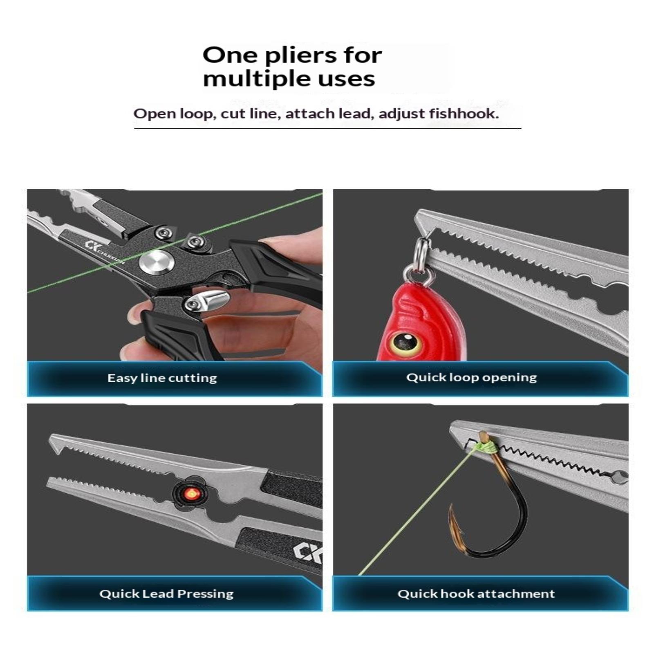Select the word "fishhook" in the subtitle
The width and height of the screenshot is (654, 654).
tap(464, 113)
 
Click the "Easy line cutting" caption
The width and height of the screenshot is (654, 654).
tap(162, 378)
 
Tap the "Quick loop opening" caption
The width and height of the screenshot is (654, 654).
tap(472, 377)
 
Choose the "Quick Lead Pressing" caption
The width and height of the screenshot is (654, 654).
tap(166, 594)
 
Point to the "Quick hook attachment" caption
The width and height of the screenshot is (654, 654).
tap(476, 594)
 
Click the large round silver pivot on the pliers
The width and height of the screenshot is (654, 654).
tap(157, 262)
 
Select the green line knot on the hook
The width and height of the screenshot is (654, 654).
tap(486, 447)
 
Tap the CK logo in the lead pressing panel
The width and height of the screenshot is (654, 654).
tap(307, 552)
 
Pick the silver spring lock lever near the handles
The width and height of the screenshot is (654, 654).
tap(207, 302)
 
